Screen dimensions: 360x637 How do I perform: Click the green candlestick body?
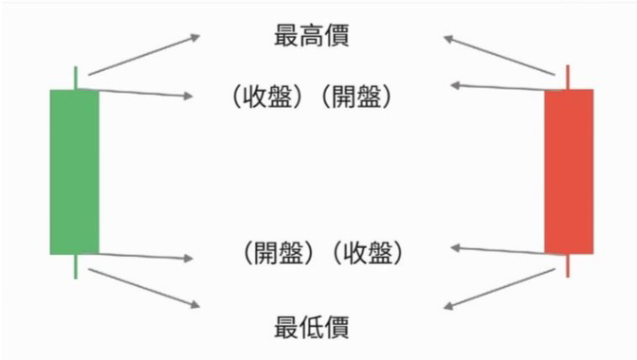coord(74,171)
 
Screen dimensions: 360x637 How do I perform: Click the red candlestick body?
coord(569,171)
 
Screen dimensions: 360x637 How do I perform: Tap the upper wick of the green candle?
coord(75,78)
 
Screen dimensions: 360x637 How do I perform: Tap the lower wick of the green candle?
coord(75,266)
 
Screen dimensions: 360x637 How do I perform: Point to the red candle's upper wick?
coord(568,77)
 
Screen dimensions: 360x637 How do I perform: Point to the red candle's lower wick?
coord(568,266)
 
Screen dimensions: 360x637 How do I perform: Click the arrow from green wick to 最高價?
coord(143,54)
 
